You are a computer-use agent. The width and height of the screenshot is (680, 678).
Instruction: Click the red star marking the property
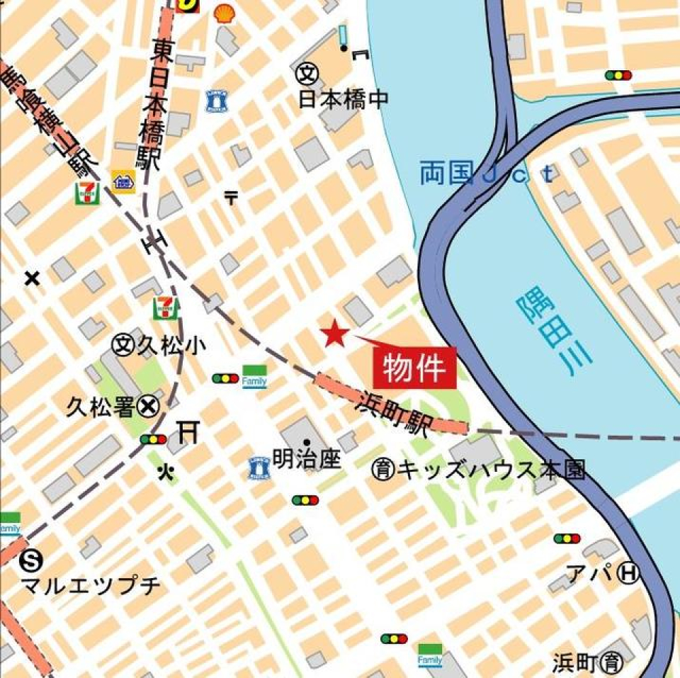[334, 334]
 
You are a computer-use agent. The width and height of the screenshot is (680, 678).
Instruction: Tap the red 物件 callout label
[414, 368]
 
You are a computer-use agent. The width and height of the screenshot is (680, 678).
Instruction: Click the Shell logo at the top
[224, 12]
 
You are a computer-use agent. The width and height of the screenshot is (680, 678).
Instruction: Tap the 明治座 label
[307, 460]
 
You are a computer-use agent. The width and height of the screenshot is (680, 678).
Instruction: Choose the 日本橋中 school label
[344, 99]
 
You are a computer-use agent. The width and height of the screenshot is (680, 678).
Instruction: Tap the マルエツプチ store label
[91, 586]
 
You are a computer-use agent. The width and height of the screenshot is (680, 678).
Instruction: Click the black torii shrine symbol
[187, 431]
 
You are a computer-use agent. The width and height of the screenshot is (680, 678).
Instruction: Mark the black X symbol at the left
[31, 278]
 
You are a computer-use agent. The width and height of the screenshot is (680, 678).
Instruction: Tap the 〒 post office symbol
[231, 198]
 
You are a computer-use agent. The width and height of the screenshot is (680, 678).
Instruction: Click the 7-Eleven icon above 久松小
[166, 307]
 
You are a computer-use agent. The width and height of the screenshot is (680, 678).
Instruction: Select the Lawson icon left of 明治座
[259, 468]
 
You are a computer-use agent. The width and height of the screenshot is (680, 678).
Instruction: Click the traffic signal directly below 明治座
[305, 500]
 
